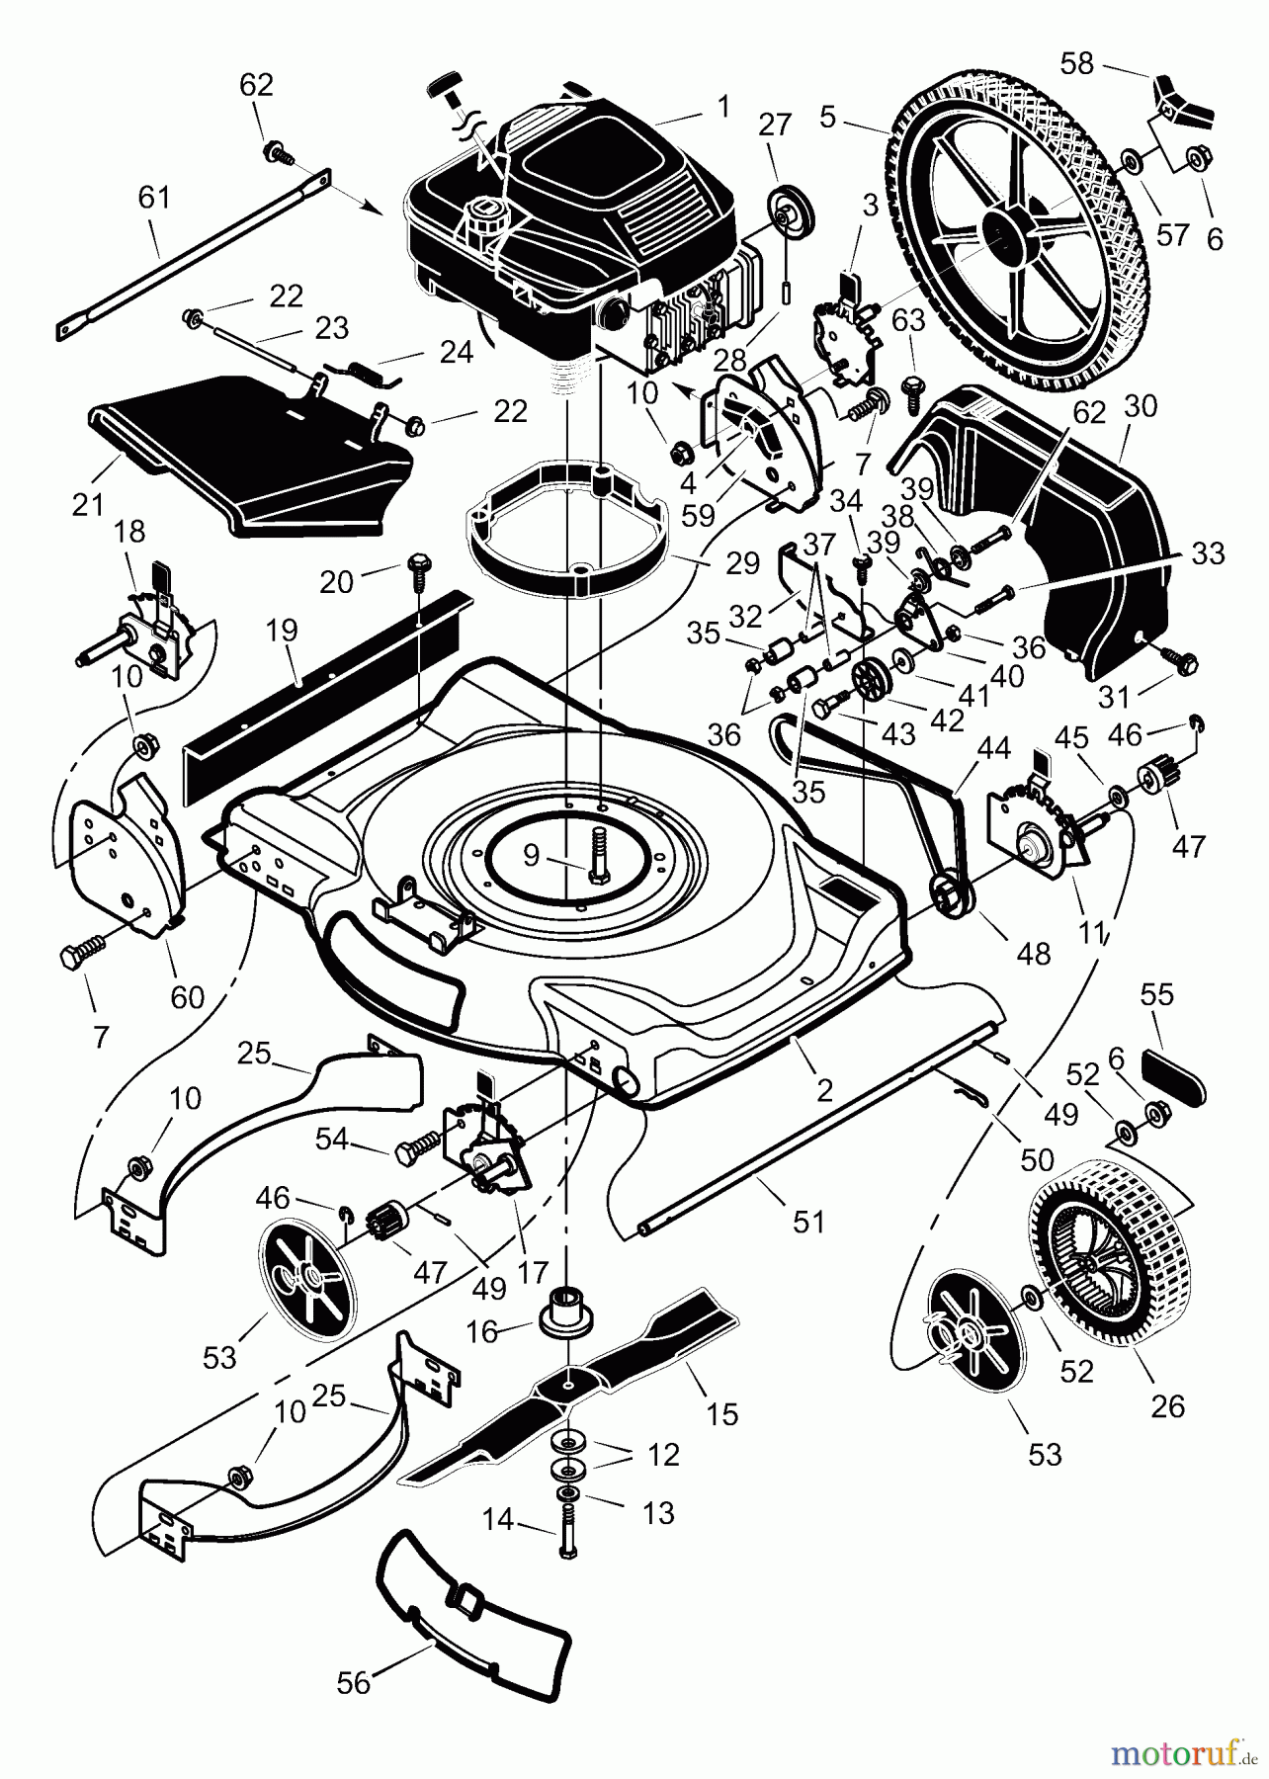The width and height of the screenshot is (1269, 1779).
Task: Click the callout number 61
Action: (154, 198)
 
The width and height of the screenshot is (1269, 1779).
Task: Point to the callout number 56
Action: (353, 1682)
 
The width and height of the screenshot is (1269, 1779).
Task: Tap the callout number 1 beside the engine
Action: (723, 106)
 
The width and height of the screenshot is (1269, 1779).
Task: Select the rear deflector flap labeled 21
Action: (247, 455)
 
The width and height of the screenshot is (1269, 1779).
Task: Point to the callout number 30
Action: (1141, 406)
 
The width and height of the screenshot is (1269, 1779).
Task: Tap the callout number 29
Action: (743, 563)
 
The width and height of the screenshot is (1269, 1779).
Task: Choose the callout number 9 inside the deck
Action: (532, 855)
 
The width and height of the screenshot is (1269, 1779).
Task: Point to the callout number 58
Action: (1076, 63)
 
